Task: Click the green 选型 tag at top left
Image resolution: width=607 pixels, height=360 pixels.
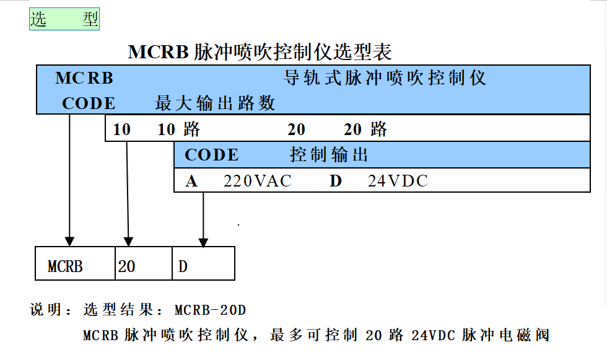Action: point(64,19)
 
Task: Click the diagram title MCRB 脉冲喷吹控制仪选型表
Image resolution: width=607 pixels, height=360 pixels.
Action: point(260,52)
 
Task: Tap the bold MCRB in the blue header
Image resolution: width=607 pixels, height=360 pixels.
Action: point(84,78)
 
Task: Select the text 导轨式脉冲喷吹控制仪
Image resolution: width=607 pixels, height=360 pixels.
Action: point(385,78)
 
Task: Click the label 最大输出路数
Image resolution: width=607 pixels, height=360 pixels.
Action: point(215,103)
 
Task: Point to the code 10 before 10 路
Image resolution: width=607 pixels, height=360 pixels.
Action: point(121,130)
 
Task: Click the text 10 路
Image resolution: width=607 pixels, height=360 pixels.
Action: point(179,130)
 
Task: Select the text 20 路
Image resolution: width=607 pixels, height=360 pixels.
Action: point(365,130)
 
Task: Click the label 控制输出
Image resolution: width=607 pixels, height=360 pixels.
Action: point(329,155)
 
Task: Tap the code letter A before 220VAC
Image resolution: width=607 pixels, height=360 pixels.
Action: point(191,181)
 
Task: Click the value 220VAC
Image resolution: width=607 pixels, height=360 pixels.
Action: point(258,181)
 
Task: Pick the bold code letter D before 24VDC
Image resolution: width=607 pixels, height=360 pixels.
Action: point(336,181)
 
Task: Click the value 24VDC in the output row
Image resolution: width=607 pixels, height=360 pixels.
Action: point(398,181)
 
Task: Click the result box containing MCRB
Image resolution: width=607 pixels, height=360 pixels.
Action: point(75,263)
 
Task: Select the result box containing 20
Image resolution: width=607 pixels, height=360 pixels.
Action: point(144,263)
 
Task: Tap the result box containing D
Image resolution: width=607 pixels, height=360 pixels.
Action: point(204,263)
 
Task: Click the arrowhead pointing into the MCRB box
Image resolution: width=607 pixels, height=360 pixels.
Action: point(69,242)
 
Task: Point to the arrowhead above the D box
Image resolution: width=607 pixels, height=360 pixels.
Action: point(203,242)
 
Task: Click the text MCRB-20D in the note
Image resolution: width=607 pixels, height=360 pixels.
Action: point(210,310)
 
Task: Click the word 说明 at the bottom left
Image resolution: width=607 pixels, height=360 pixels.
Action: point(45,310)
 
